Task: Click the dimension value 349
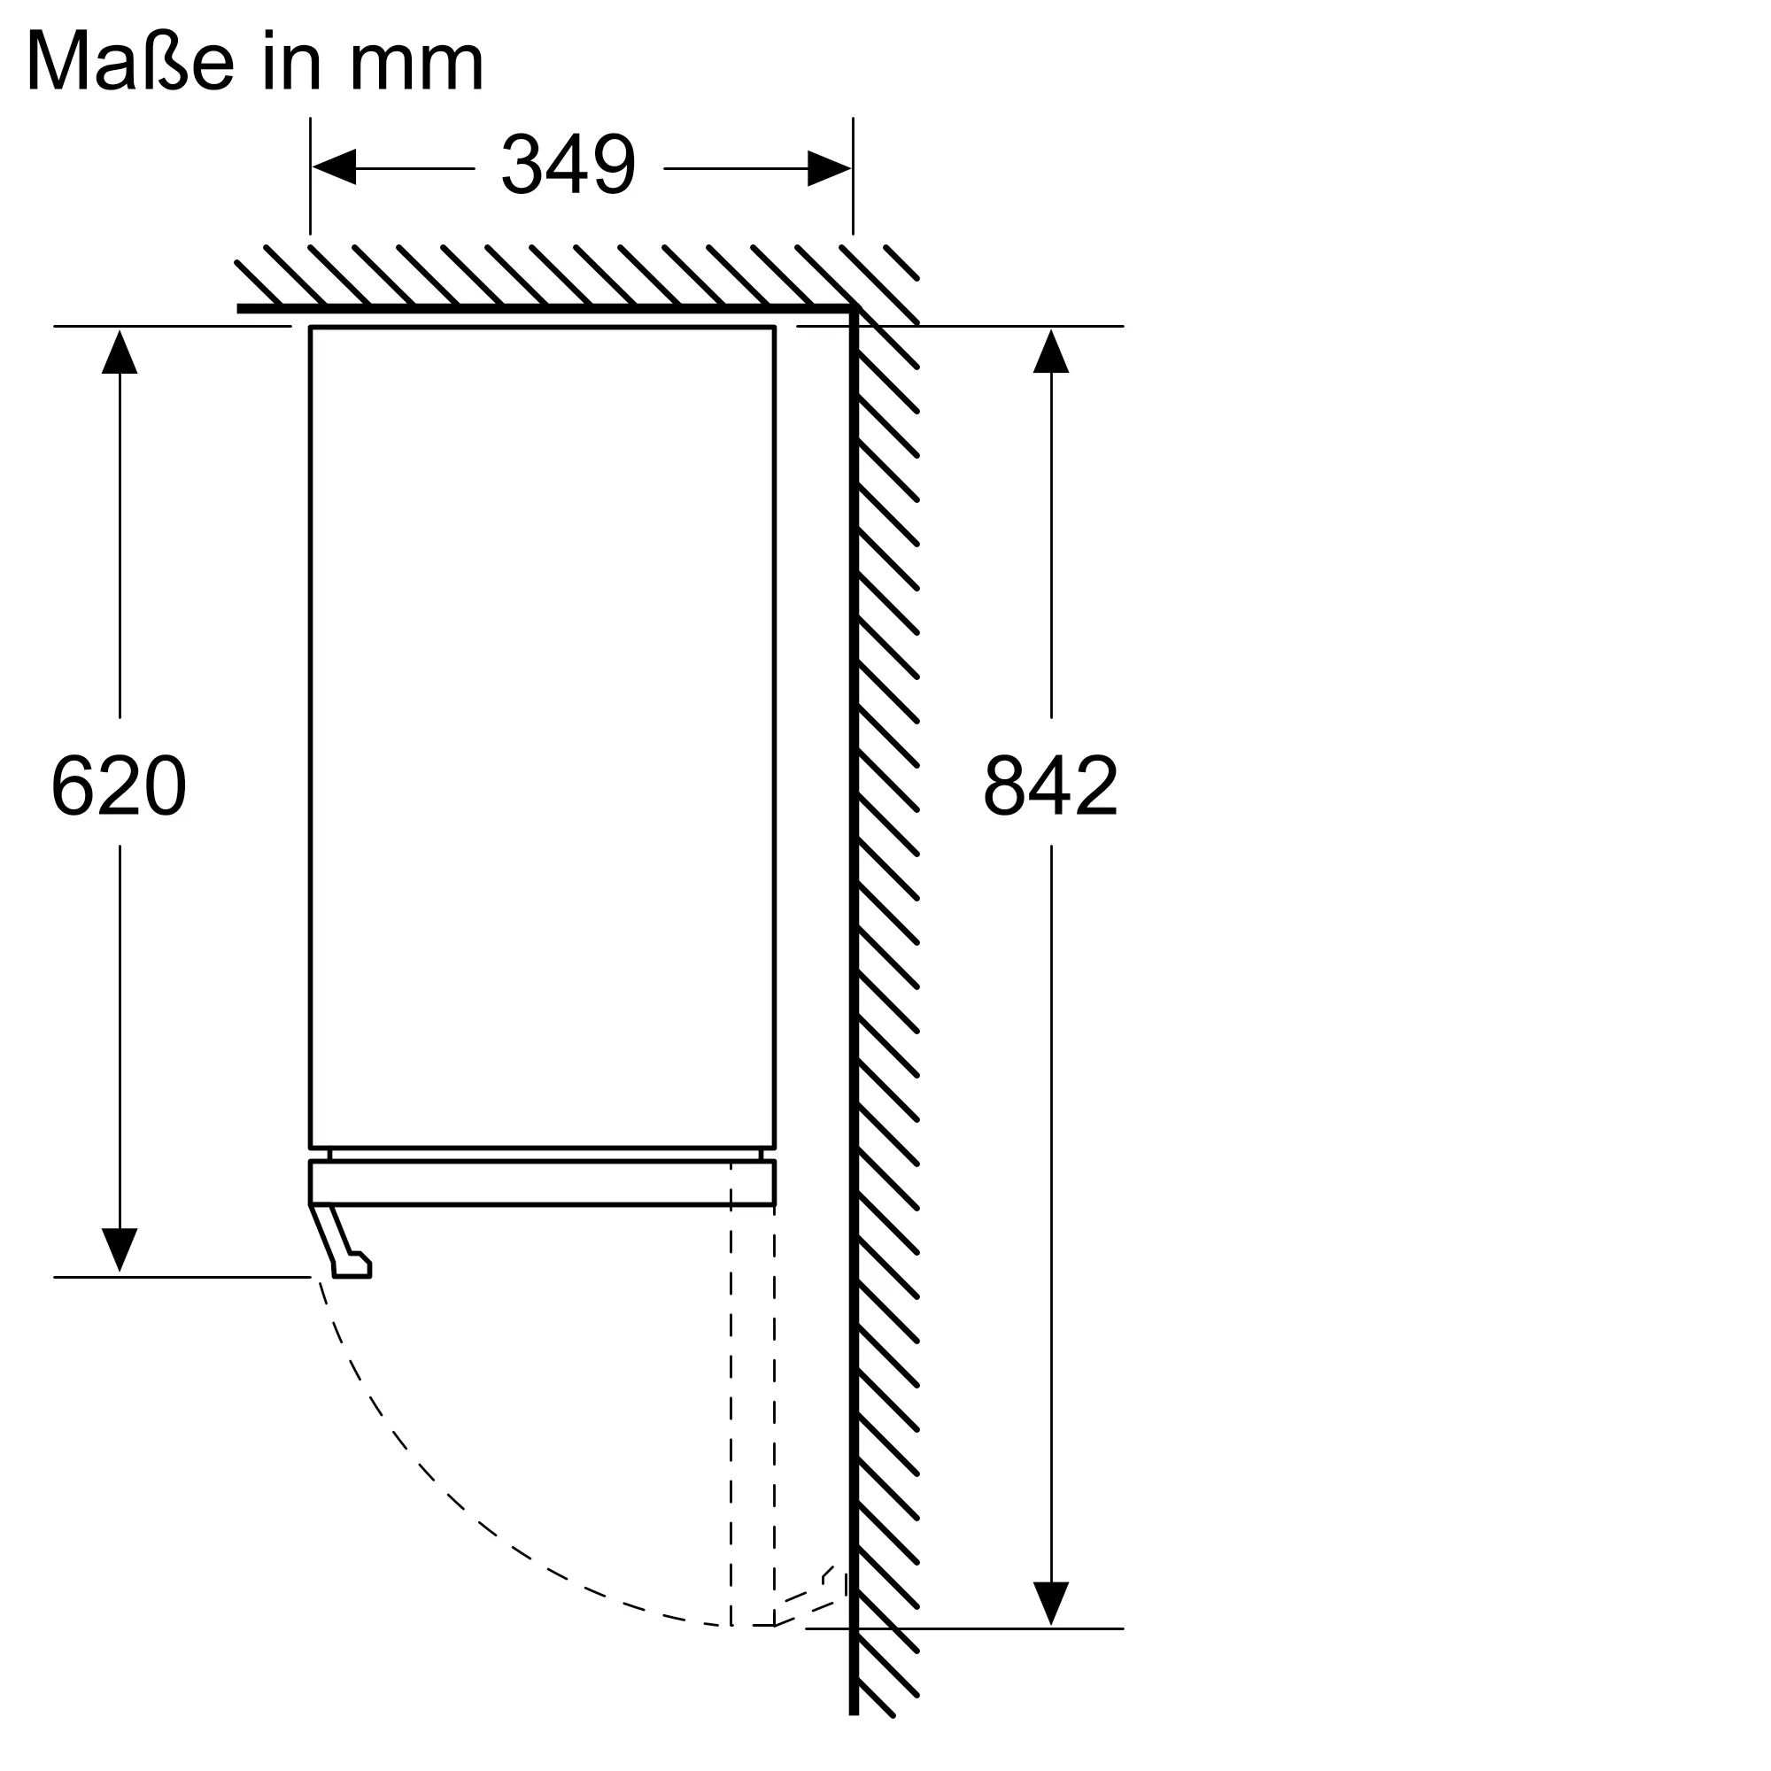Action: pyautogui.click(x=568, y=165)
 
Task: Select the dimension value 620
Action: pyautogui.click(x=120, y=785)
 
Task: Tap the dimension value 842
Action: pyautogui.click(x=1050, y=785)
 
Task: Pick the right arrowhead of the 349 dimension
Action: pyautogui.click(x=829, y=167)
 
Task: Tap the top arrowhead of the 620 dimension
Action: pyautogui.click(x=120, y=352)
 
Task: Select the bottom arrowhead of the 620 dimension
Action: pyautogui.click(x=120, y=1250)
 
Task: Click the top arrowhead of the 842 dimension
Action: pyautogui.click(x=1050, y=352)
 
